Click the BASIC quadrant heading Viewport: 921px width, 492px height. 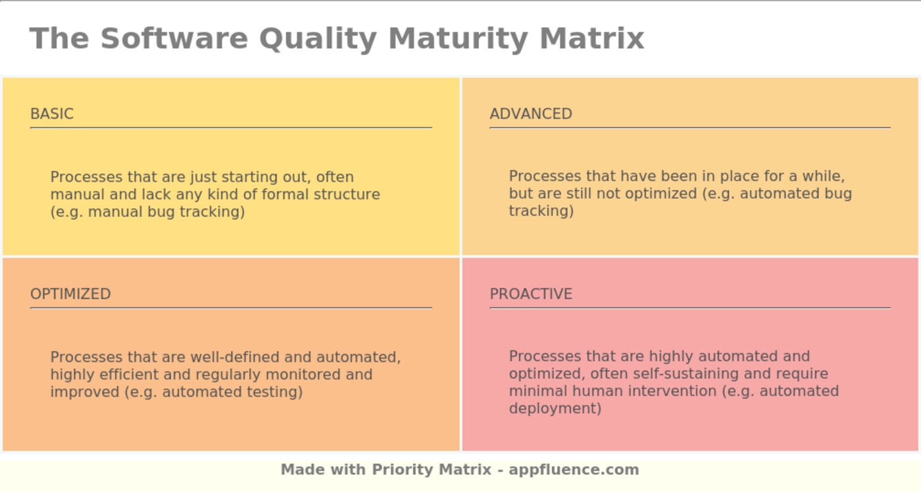[52, 114]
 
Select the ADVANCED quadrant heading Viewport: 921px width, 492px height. [531, 114]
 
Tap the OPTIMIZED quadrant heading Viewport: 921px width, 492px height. [70, 294]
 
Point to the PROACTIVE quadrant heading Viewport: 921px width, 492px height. [531, 294]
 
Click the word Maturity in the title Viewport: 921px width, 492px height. [458, 38]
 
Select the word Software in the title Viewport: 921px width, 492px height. [174, 38]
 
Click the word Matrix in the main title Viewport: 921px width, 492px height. [591, 38]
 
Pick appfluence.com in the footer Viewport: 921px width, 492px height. [574, 470]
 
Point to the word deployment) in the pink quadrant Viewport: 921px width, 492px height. [555, 408]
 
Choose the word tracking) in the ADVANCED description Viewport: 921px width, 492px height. [541, 211]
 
